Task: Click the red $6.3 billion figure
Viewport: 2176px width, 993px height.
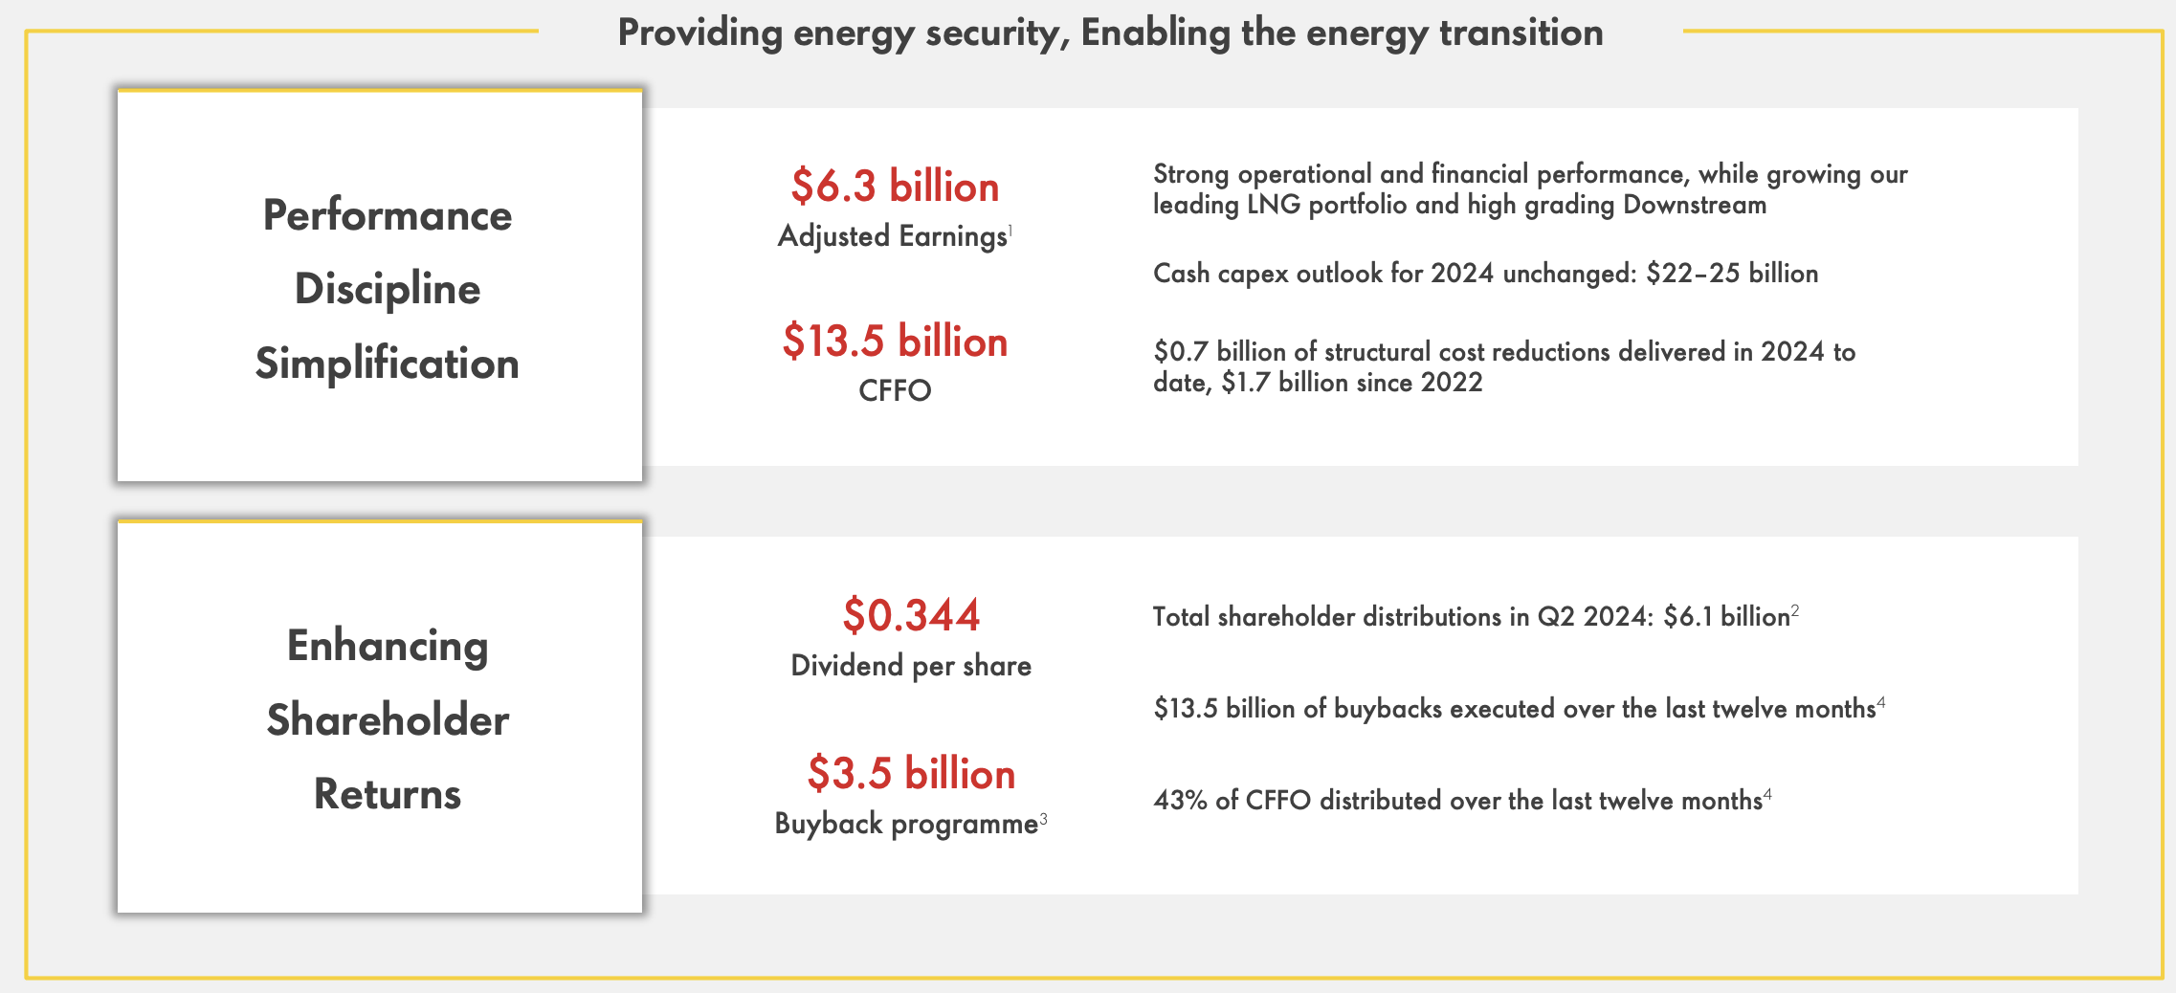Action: (895, 187)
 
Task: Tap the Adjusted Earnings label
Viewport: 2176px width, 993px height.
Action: (892, 236)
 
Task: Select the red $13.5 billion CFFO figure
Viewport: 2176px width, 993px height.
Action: (895, 342)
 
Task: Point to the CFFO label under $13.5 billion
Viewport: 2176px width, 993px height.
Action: (895, 390)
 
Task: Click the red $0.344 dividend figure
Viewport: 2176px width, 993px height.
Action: (911, 615)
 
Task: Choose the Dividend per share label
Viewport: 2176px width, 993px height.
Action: (911, 666)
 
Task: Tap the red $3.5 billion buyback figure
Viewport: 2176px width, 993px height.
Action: (911, 773)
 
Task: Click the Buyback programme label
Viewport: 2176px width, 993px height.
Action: (906, 824)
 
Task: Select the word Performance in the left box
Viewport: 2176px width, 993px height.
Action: (388, 215)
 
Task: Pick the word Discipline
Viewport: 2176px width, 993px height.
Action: (388, 289)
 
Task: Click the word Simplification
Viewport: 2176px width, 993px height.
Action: (388, 364)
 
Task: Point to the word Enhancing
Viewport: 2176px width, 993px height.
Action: (388, 646)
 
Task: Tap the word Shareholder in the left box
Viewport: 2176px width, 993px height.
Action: (388, 720)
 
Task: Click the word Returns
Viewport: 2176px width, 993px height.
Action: (388, 794)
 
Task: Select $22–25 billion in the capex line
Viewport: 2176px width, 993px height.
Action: (1732, 274)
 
